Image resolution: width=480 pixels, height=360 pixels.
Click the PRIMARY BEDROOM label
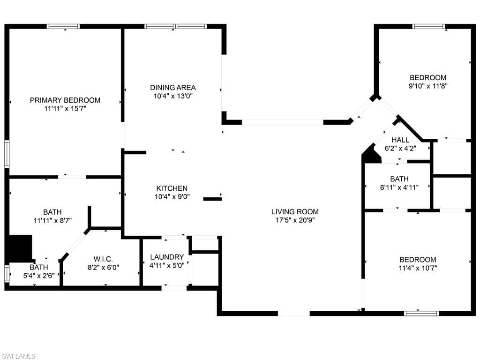[65, 100]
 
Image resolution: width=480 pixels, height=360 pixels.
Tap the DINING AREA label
[172, 88]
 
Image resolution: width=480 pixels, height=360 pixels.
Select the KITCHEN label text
[172, 188]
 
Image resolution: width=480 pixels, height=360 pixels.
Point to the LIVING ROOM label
[295, 211]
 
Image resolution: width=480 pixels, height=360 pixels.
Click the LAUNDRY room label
[167, 257]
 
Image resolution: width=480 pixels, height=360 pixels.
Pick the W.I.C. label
[103, 259]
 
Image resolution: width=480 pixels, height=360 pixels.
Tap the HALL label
[400, 140]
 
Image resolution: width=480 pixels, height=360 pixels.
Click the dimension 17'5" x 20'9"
[295, 220]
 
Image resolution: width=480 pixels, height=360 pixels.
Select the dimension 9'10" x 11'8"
[428, 86]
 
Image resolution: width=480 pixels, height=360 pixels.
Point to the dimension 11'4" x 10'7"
[418, 268]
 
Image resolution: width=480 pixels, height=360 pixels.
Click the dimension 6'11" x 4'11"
[399, 187]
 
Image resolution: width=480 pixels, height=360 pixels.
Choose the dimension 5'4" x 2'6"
[39, 276]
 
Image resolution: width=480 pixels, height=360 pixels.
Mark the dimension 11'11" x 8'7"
[52, 220]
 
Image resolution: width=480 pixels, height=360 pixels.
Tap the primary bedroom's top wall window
[63, 26]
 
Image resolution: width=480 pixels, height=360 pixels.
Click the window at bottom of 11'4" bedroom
[421, 313]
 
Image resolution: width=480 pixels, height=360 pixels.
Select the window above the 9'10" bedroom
[428, 26]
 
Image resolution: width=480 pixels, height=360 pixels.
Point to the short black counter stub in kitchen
[212, 199]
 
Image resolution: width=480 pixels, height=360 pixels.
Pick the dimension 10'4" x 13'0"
[172, 96]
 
